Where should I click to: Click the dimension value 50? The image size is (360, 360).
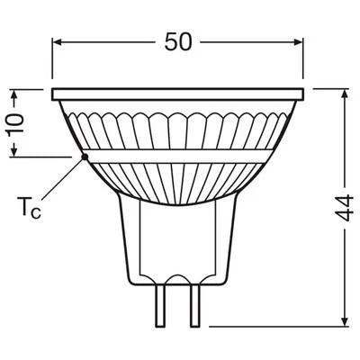pyautogui.click(x=180, y=42)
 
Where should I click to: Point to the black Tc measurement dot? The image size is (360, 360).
pyautogui.click(x=85, y=157)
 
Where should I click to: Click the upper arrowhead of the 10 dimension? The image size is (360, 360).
pyautogui.click(x=13, y=94)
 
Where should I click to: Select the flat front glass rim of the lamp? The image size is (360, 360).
pyautogui.click(x=180, y=94)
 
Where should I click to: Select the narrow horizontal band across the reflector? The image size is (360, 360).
pyautogui.click(x=180, y=157)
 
